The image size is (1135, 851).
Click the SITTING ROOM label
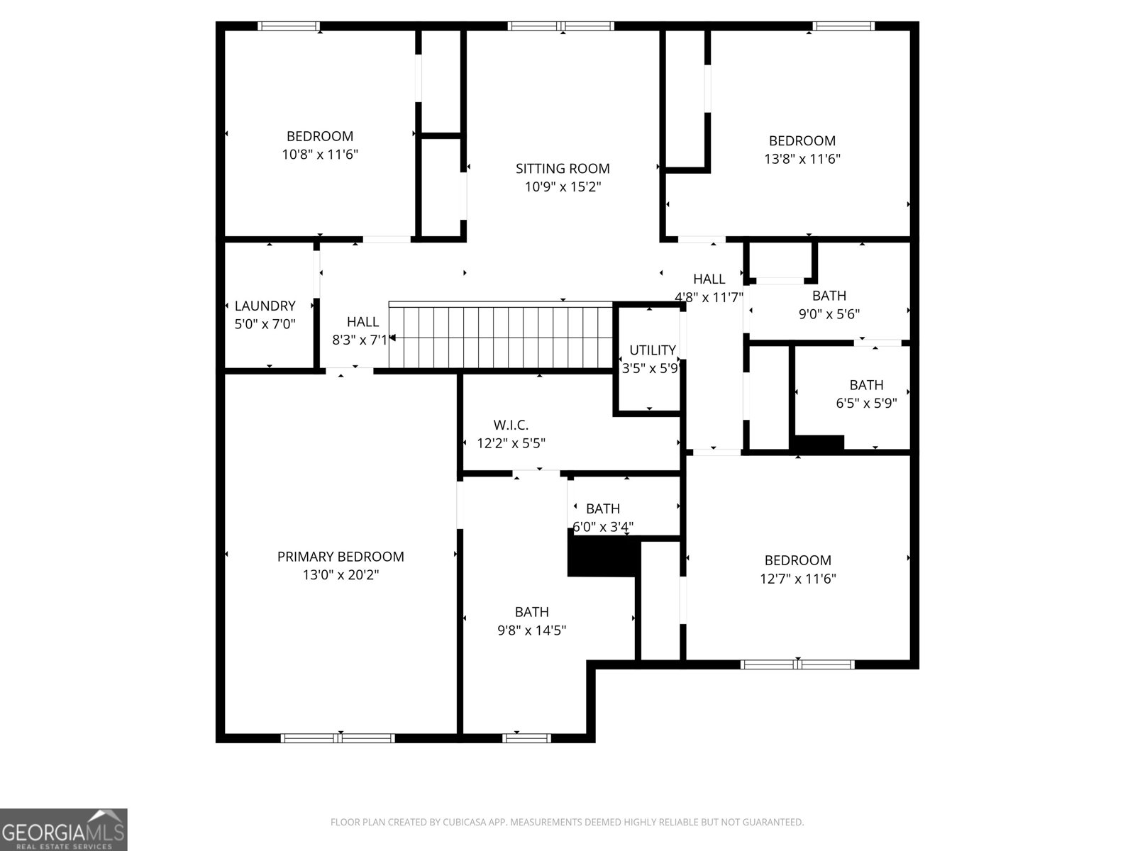tap(563, 169)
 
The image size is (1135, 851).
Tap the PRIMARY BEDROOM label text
tap(340, 557)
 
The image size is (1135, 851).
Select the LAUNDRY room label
tap(265, 306)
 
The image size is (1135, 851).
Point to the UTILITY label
tap(652, 350)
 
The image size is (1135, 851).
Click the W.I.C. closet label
tap(511, 425)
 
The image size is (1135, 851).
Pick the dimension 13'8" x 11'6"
tap(802, 159)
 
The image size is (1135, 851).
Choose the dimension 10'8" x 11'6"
tap(319, 155)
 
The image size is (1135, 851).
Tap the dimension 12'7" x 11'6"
tap(798, 579)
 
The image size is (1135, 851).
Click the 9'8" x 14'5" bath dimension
tap(531, 630)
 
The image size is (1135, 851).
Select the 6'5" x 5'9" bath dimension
tap(866, 403)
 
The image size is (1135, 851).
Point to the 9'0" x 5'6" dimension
tap(829, 313)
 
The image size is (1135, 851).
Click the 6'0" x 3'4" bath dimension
tap(603, 527)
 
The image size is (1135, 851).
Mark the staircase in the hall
tap(501, 335)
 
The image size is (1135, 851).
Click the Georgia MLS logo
tap(63, 829)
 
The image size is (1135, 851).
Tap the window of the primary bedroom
tap(338, 738)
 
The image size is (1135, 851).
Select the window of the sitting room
tap(560, 26)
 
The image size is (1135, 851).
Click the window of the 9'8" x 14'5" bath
tap(526, 738)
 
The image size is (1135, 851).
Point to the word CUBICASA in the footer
tap(465, 821)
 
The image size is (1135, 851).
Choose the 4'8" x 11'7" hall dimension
tap(709, 297)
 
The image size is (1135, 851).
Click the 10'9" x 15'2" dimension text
tap(563, 187)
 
